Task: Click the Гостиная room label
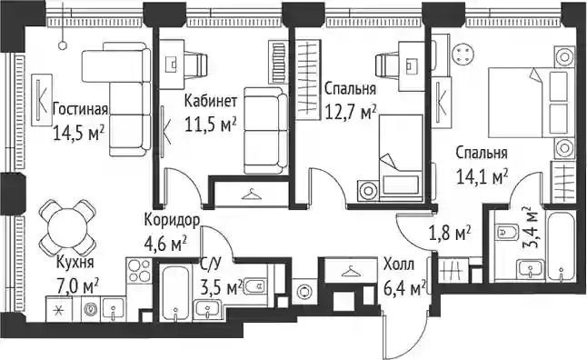coord(80,109)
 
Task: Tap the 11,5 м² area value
coord(211,125)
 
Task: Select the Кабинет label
coord(211,101)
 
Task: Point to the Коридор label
coord(172,221)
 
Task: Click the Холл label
coord(399,265)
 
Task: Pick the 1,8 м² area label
coord(450,235)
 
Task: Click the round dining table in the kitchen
coord(66,227)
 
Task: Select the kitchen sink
coord(113,309)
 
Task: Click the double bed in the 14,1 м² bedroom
coord(532,102)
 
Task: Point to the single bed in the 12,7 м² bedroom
coord(401,157)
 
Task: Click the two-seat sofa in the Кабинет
coord(265,131)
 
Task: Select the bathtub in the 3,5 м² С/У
coord(174,294)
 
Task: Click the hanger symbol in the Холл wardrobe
coord(351,271)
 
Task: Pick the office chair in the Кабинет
coord(195,64)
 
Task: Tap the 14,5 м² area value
coord(78,132)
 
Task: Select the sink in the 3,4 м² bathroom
coord(530,268)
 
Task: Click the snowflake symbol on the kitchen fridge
coord(57,311)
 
